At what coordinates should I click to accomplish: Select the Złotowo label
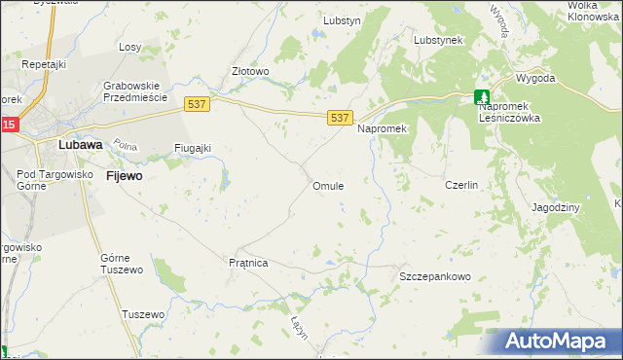point(250,71)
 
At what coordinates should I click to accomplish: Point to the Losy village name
point(129,47)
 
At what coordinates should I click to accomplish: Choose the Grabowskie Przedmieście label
point(136,91)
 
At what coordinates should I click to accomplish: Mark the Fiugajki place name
point(193,148)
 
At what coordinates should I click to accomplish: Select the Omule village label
point(327,185)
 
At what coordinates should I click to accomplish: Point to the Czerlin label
point(460,185)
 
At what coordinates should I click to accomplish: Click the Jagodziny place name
point(556,208)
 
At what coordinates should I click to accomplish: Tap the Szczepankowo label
point(435,276)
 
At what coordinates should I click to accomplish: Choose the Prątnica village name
point(247,263)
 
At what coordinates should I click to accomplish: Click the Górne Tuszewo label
point(122,263)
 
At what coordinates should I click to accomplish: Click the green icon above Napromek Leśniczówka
point(482,96)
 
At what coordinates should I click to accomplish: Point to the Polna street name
point(124,145)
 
